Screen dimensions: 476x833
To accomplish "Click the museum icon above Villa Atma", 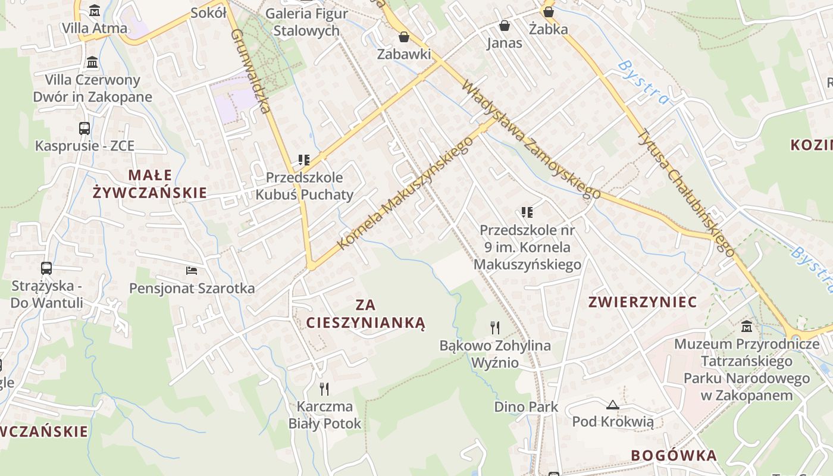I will coord(95,11).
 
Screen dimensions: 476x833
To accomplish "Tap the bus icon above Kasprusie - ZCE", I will coord(84,128).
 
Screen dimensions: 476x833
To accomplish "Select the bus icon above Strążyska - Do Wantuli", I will coord(46,268).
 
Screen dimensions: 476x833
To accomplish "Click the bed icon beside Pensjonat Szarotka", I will coord(191,271).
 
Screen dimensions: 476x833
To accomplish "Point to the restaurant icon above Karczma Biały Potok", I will coord(324,389).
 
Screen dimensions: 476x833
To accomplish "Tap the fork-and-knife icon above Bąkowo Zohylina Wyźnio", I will coord(494,327).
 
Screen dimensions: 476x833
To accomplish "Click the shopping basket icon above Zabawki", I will coord(404,37).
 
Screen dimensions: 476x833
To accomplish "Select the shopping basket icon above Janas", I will coord(505,26).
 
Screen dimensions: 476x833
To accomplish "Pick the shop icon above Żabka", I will coord(549,11).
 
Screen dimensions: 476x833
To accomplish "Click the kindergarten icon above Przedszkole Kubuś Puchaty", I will coord(304,159).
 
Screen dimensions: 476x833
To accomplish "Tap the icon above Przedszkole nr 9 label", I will coord(527,212).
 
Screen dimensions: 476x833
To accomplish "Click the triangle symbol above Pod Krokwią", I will coord(612,405).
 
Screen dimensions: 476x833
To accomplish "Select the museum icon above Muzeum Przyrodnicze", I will coord(747,326).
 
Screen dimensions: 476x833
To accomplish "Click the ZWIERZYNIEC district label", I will coord(642,302).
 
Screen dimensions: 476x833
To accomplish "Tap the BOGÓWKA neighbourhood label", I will coord(674,456).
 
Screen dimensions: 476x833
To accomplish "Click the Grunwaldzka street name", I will coord(250,71).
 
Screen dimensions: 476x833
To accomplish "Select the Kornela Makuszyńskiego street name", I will coord(406,192).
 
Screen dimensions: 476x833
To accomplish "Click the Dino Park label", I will coord(526,407).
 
